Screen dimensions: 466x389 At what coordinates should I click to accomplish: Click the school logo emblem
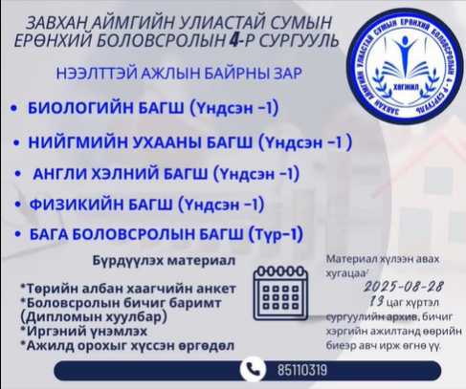pyautogui.click(x=406, y=67)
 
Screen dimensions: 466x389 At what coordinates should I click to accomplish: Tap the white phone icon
pyautogui.click(x=253, y=370)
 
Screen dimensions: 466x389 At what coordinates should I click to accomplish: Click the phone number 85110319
pyautogui.click(x=302, y=370)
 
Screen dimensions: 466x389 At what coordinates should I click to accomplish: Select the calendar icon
pyautogui.click(x=280, y=292)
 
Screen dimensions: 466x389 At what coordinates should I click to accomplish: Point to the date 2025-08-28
pyautogui.click(x=404, y=287)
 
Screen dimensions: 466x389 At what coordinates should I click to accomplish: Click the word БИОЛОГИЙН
pyautogui.click(x=80, y=108)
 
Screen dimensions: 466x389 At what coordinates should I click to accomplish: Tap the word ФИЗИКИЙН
pyautogui.click(x=77, y=204)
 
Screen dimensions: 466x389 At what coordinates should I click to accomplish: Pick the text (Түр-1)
pyautogui.click(x=275, y=235)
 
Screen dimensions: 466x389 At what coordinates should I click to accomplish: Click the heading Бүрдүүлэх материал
pyautogui.click(x=164, y=260)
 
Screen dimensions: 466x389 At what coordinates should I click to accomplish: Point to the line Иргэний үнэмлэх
pyautogui.click(x=84, y=332)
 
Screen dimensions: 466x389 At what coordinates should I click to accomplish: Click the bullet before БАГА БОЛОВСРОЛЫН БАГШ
pyautogui.click(x=18, y=235)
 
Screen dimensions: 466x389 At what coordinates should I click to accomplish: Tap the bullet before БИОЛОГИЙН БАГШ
pyautogui.click(x=13, y=108)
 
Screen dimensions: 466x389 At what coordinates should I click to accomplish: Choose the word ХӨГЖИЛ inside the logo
pyautogui.click(x=404, y=88)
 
